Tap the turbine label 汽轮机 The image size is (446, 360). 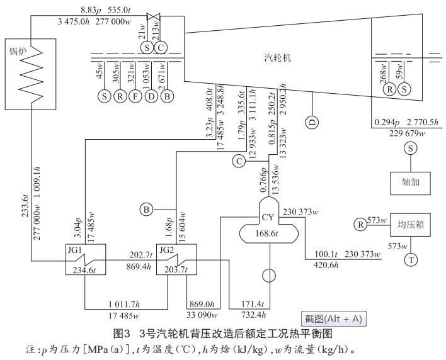[277, 58]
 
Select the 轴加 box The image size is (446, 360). [410, 183]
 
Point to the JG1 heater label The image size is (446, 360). [75, 249]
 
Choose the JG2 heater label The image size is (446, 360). [167, 249]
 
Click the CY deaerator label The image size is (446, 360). [269, 218]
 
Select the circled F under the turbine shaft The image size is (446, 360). [134, 96]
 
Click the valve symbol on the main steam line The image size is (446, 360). [152, 16]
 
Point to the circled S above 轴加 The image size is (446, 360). [411, 149]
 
